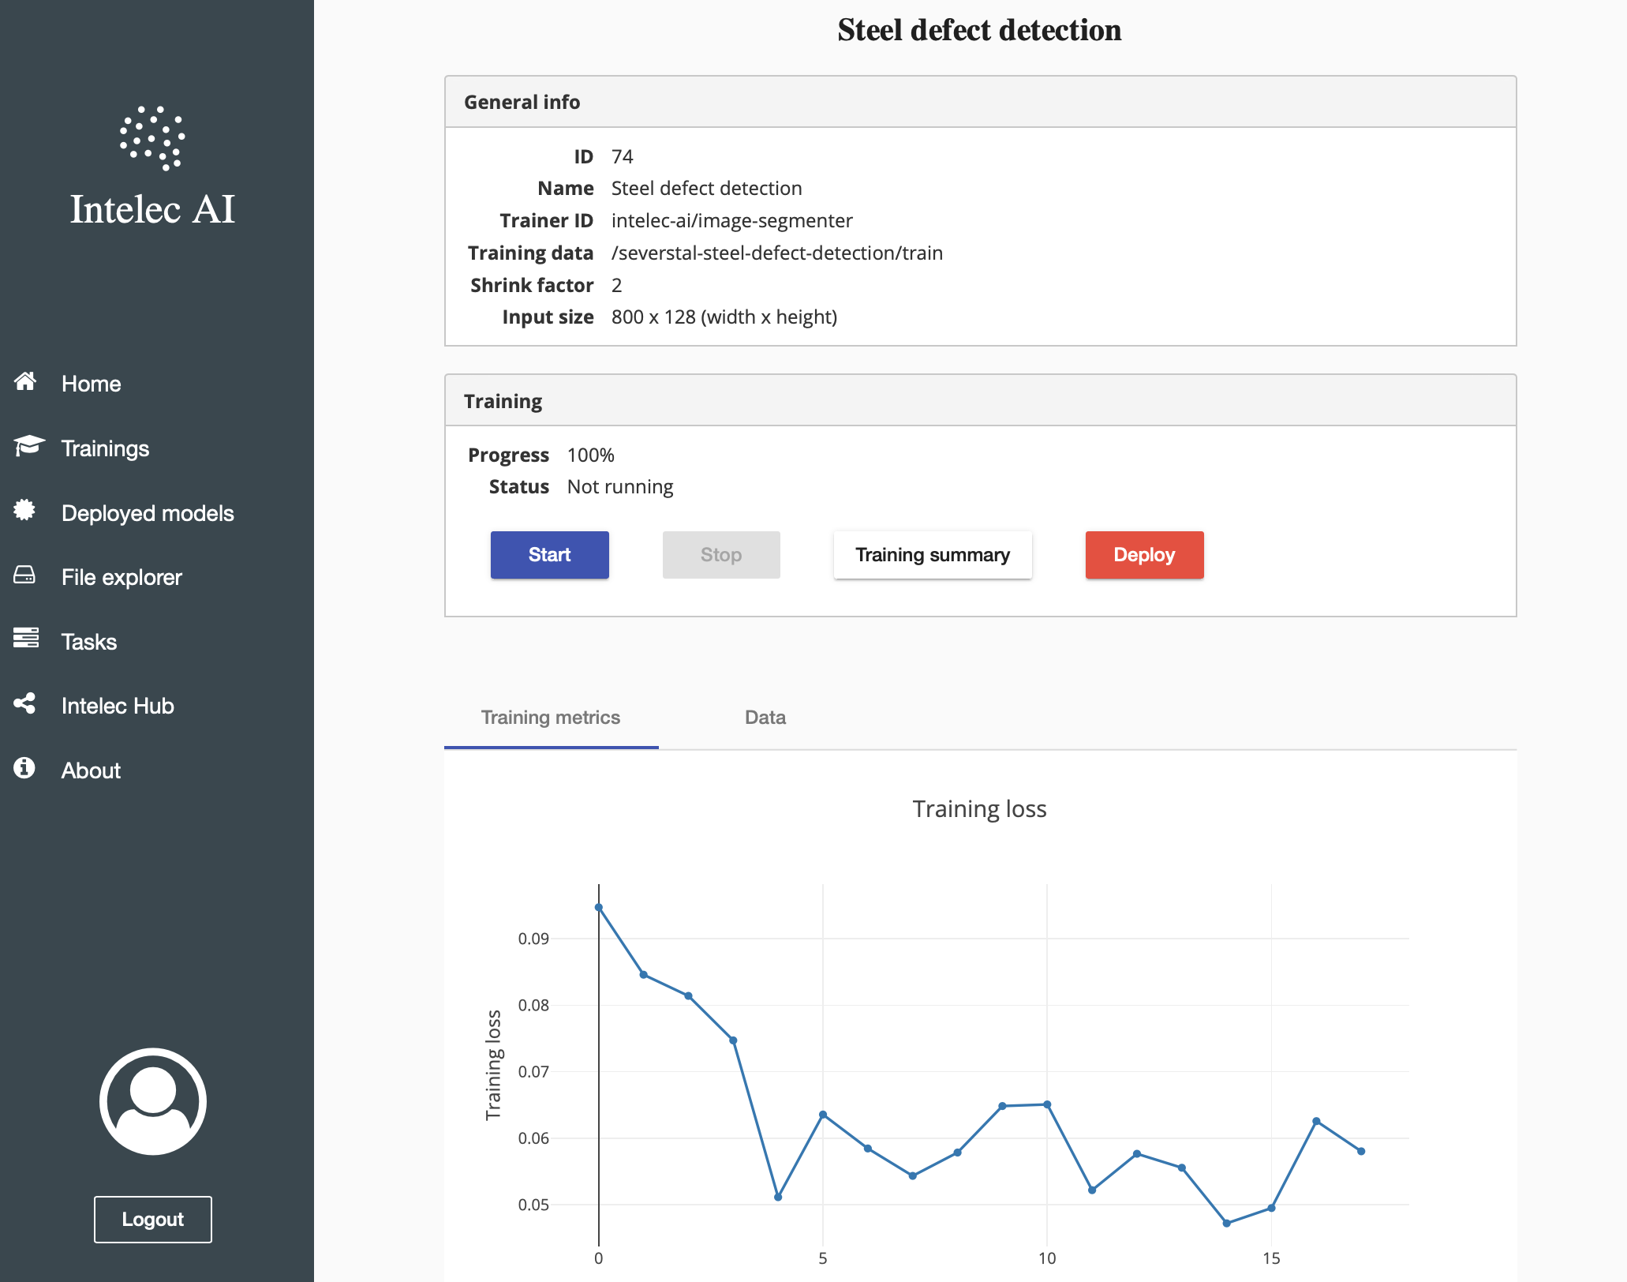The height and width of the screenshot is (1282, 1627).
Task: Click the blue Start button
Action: coord(549,555)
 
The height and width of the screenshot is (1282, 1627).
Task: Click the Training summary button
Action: coord(932,555)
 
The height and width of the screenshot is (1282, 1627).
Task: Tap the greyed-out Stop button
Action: coord(720,555)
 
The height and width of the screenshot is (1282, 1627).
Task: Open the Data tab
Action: coord(765,718)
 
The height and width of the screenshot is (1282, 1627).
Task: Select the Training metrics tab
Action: coord(551,718)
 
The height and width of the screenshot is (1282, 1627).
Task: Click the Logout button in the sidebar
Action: coord(152,1220)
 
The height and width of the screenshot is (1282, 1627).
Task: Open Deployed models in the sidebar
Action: coord(148,513)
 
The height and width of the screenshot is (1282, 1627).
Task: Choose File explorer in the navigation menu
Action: coord(122,577)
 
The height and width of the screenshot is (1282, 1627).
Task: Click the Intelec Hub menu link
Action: coord(118,706)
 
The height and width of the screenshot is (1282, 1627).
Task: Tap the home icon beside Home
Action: coord(25,382)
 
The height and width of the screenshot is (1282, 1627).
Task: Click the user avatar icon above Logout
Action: coord(152,1101)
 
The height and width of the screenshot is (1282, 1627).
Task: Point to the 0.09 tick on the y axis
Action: coord(533,939)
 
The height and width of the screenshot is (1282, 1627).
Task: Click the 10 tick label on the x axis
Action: coord(1046,1258)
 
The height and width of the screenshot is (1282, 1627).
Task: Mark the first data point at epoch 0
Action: coord(599,908)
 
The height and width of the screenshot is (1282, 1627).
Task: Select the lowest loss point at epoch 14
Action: coord(1226,1223)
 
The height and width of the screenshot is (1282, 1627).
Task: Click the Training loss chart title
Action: coord(979,809)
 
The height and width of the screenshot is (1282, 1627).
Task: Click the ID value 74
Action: coord(622,156)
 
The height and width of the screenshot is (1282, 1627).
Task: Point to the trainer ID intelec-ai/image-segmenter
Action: coord(731,220)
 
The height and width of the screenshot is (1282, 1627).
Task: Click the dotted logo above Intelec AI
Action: coord(152,138)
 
